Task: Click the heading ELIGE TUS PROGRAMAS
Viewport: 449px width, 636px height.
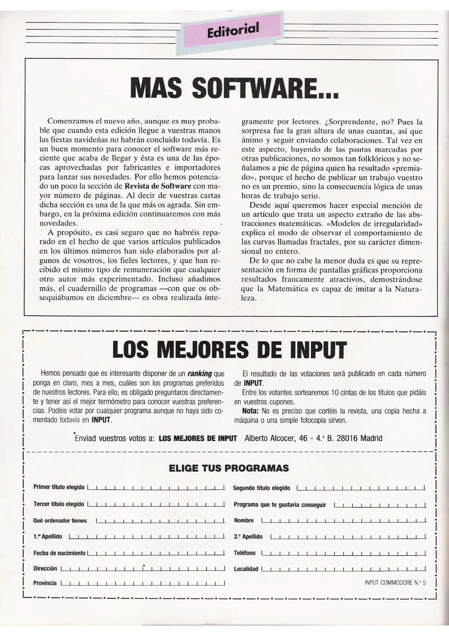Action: pos(229,468)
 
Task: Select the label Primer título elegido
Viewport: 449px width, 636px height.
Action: pos(59,487)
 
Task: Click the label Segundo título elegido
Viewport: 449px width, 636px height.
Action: pos(261,488)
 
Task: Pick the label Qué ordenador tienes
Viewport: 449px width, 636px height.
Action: pos(60,521)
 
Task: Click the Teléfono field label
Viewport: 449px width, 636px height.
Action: pos(245,553)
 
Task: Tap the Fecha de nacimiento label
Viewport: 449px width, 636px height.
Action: pos(59,553)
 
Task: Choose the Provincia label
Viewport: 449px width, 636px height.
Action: pos(45,583)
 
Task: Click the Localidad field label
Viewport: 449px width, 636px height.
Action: pos(246,569)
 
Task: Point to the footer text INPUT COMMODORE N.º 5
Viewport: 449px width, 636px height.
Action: pos(395,583)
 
